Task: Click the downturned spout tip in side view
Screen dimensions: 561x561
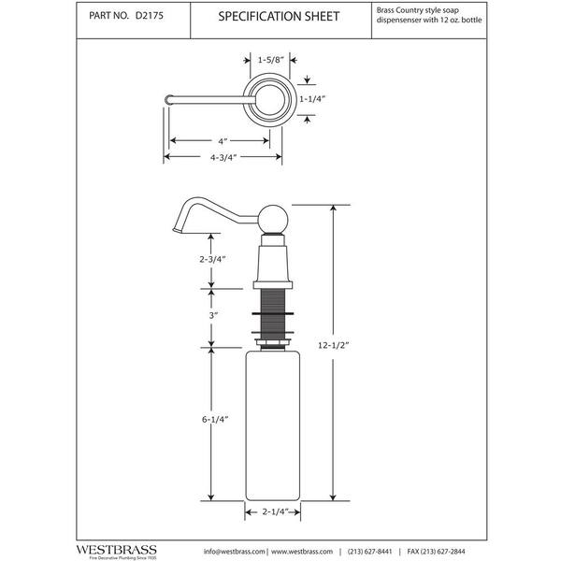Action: click(178, 227)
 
